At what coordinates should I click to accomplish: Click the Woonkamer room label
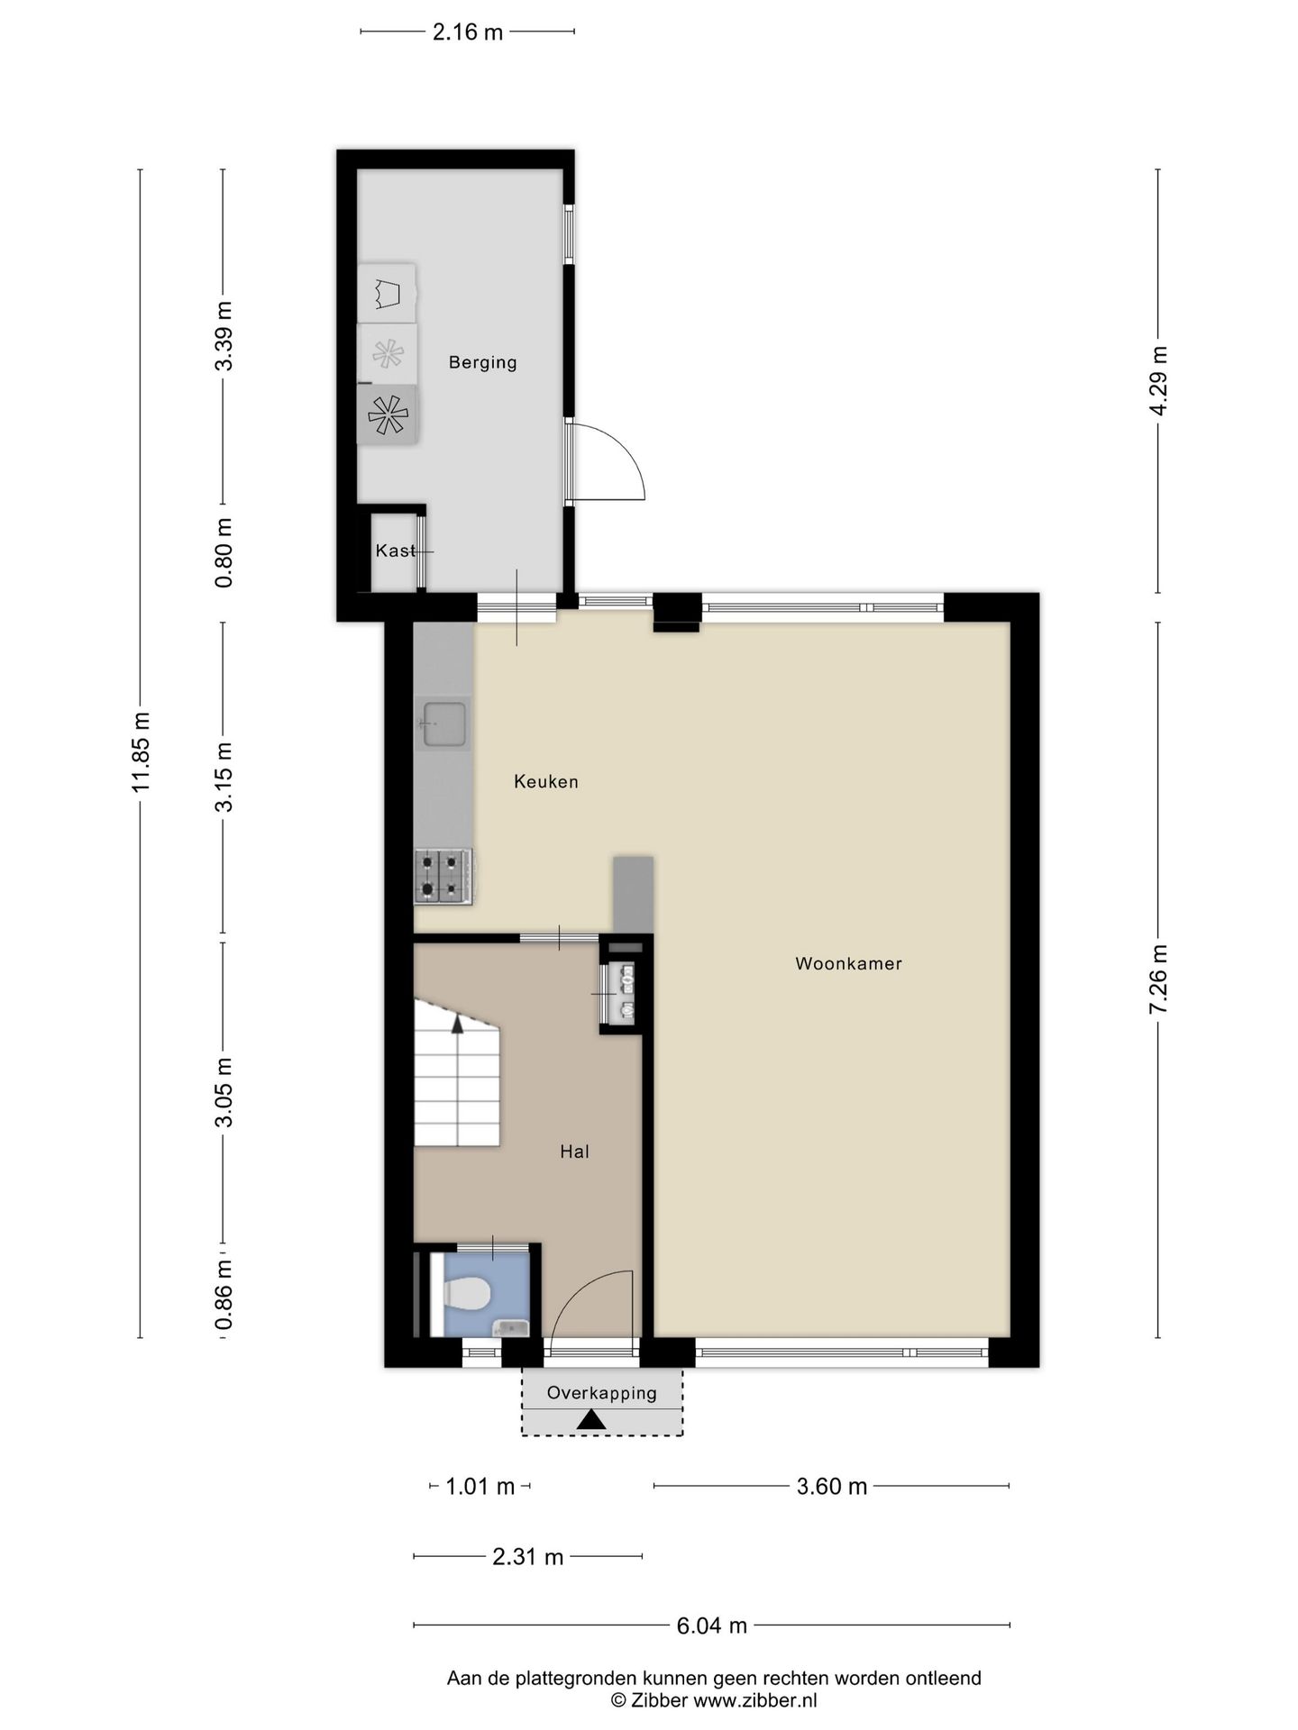point(848,963)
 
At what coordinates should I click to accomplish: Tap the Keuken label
point(546,781)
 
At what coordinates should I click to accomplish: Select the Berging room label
point(483,362)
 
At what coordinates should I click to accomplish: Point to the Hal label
point(574,1151)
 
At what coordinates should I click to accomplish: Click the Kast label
point(396,551)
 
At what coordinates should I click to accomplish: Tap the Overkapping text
point(602,1393)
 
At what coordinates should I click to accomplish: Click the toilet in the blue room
point(466,1294)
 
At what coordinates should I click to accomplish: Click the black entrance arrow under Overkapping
point(591,1420)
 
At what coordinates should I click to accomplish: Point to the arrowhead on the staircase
point(458,1023)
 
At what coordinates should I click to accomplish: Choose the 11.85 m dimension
point(141,752)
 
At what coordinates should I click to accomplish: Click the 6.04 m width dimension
point(712,1625)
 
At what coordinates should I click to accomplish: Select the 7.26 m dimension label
point(1158,979)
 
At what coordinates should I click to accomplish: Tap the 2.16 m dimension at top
point(468,32)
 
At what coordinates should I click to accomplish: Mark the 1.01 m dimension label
point(480,1487)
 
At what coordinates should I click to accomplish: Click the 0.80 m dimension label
point(224,553)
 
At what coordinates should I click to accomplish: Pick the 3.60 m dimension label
point(832,1487)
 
